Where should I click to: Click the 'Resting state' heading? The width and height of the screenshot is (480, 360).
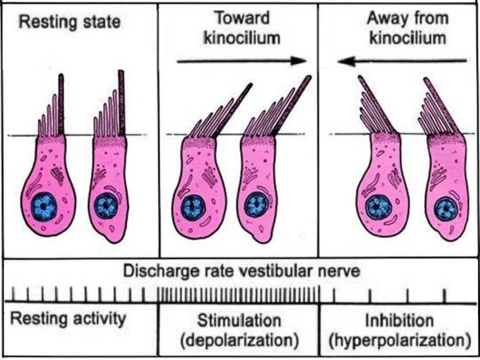pos(69,23)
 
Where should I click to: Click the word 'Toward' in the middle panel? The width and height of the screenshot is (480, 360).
pos(237,17)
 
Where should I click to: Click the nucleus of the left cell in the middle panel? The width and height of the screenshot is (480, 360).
pos(194,207)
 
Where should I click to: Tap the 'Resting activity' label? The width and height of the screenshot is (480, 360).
pos(67,319)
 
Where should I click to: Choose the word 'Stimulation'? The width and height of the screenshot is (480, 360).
pos(239,320)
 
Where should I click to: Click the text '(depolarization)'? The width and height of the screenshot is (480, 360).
pos(239,341)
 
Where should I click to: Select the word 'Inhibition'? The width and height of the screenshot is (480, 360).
pos(399,320)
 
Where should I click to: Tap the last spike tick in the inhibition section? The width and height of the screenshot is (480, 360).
pos(445,293)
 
